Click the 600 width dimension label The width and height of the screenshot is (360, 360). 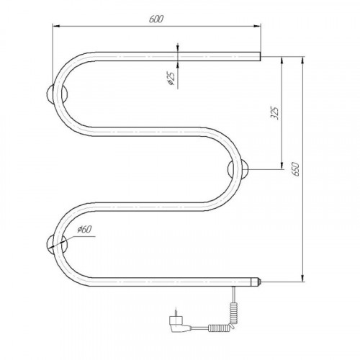156,19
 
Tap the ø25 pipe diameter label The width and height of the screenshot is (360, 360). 171,78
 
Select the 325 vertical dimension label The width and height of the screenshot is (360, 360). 275,112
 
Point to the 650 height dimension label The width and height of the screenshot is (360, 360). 296,169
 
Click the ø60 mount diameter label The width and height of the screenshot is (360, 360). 84,230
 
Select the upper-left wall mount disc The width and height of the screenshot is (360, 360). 57,94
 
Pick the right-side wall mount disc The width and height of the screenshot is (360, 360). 238,169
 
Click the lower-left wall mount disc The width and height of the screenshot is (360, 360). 57,245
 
